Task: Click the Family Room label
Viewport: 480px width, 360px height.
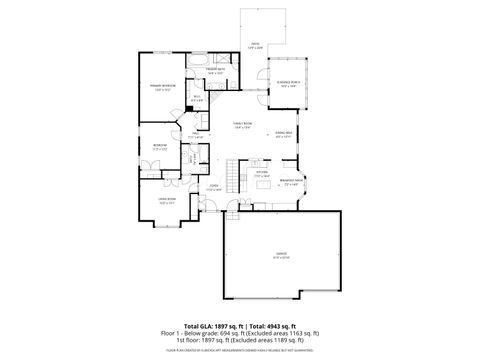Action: (x=241, y=125)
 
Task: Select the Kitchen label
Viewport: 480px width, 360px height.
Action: (x=261, y=175)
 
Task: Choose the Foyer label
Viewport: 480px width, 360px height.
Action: (x=214, y=188)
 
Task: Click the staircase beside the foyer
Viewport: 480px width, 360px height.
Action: (x=236, y=181)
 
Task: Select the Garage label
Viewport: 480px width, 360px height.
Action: (x=281, y=254)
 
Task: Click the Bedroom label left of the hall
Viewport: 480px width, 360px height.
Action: (x=160, y=147)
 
